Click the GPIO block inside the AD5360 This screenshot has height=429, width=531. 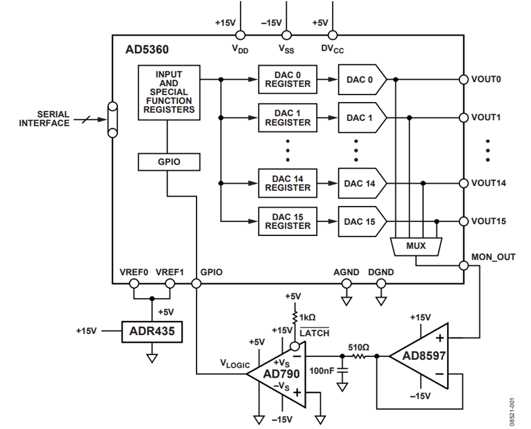(168, 162)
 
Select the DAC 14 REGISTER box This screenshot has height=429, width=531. (287, 182)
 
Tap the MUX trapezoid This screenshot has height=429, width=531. (417, 245)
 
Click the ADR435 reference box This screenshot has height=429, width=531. (152, 331)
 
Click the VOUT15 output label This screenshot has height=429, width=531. (487, 221)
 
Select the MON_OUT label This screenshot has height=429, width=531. (493, 257)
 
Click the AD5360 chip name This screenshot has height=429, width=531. (147, 50)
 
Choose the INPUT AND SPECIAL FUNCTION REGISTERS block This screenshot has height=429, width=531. (168, 92)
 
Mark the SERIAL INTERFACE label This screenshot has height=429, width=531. (44, 119)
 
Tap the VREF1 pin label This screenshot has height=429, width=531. (170, 273)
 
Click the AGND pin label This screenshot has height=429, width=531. (346, 273)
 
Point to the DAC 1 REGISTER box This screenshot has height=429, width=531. (287, 117)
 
